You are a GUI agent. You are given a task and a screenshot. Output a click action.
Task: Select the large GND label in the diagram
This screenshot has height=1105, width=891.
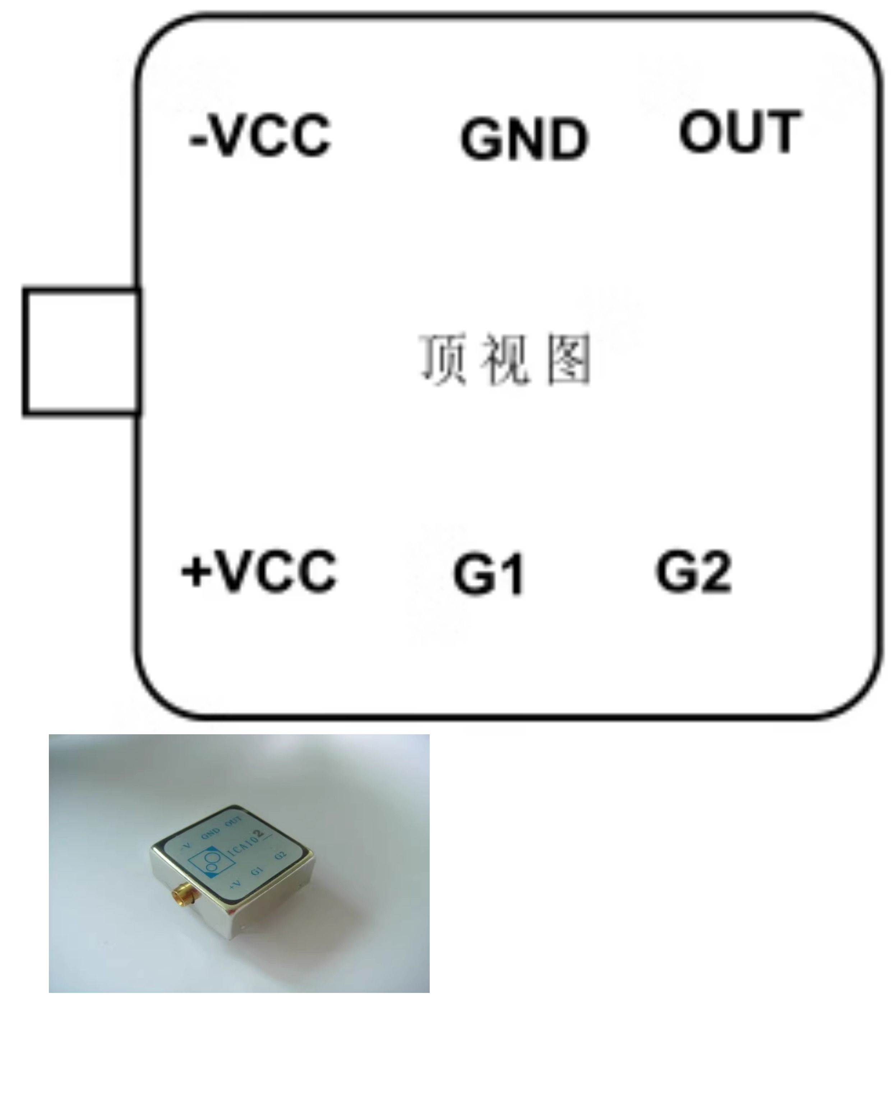(x=524, y=139)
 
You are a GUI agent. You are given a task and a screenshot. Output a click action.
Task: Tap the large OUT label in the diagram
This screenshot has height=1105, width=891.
(x=740, y=132)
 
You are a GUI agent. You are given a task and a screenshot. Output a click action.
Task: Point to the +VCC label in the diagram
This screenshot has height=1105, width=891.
(x=259, y=571)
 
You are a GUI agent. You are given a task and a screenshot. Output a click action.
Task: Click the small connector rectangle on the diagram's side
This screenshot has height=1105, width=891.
(x=82, y=352)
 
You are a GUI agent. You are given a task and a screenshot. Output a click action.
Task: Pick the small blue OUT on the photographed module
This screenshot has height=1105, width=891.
(x=234, y=820)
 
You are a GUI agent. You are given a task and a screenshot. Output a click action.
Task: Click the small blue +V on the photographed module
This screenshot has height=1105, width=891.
(x=235, y=884)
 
